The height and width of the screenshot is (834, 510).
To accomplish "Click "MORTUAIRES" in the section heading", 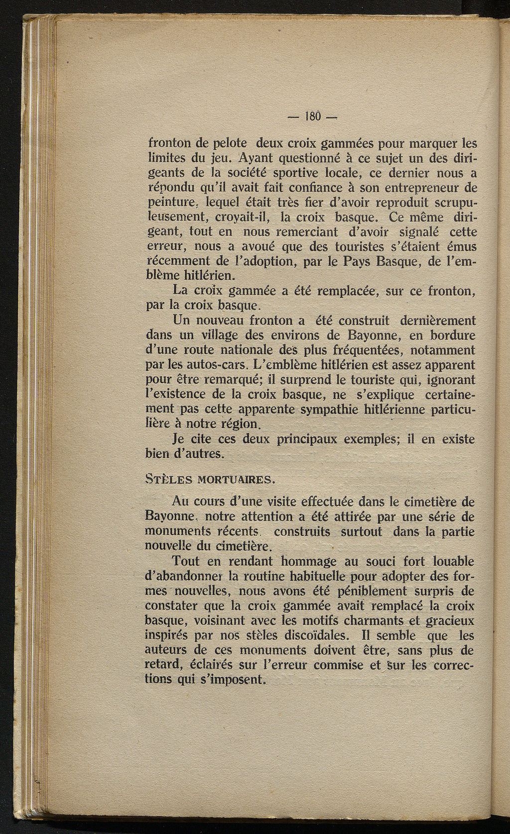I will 234,480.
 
